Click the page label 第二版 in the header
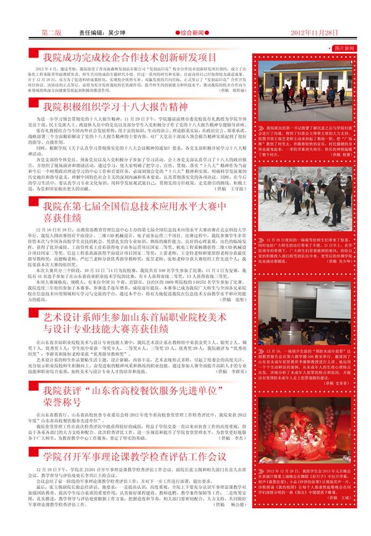pos(51,32)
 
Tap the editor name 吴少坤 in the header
pos(116,32)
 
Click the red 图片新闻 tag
pos(344,48)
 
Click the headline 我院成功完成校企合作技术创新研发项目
pos(129,57)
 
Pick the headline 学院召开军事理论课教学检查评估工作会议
pos(134,456)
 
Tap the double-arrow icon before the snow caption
pos(262,237)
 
